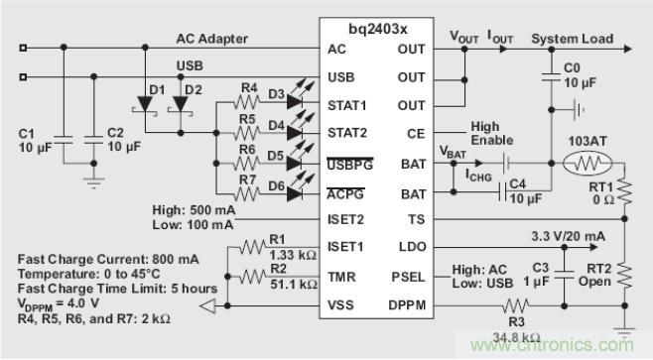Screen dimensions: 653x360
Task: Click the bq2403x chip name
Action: click(378, 29)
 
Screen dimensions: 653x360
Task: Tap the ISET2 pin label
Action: click(345, 219)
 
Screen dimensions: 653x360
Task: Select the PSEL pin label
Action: click(408, 277)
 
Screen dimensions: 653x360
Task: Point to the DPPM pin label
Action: click(407, 305)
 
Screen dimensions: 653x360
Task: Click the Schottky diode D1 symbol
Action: click(145, 105)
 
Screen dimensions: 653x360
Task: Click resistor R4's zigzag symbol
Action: click(247, 102)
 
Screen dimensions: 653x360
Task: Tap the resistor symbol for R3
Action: click(516, 305)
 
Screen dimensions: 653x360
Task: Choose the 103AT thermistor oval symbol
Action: click(588, 164)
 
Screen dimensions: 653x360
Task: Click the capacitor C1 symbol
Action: click(64, 140)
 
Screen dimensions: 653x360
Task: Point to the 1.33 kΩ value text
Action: click(293, 255)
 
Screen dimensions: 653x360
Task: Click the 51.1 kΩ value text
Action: click(294, 285)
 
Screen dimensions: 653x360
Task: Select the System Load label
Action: click(573, 39)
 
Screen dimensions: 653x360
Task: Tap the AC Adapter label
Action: click(212, 39)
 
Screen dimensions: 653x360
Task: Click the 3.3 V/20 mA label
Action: click(568, 236)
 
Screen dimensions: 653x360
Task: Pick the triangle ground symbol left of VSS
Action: click(208, 305)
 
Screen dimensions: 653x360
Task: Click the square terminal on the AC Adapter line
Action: click(24, 48)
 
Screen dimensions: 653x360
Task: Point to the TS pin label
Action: click(417, 219)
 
